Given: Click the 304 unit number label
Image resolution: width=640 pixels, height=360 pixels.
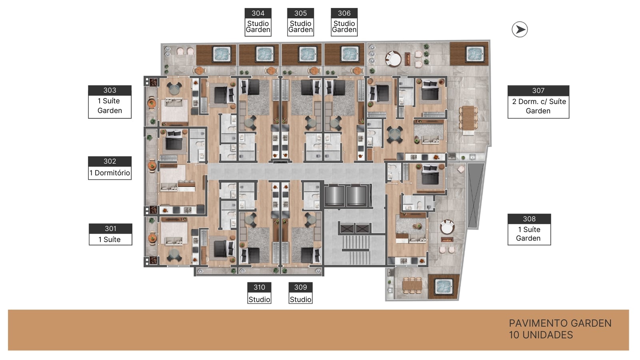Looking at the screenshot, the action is (258, 13).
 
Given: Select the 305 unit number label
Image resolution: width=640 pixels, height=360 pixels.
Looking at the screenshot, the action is (300, 13).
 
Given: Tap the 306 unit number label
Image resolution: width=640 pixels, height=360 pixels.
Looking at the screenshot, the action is (344, 13).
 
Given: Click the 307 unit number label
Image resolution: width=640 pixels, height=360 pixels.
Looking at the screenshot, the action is (538, 90).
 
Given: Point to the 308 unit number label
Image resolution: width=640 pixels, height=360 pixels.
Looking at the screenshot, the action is (529, 219).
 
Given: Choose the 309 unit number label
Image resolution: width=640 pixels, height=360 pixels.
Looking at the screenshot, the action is (300, 287).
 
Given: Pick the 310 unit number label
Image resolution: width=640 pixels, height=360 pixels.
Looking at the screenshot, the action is (259, 287).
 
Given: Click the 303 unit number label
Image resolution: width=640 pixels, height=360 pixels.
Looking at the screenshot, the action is (110, 90).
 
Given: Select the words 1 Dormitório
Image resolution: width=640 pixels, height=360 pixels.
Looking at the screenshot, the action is (110, 173).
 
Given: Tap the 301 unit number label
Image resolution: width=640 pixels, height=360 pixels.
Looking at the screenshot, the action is (110, 228).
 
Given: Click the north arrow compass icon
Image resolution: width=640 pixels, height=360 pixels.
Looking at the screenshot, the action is (520, 30).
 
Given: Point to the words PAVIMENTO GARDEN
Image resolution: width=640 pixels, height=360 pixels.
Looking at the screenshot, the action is (560, 323).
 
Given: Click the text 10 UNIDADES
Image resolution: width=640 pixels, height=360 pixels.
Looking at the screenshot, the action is (540, 335).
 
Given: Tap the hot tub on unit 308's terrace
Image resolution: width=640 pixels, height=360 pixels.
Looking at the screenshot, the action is (444, 286).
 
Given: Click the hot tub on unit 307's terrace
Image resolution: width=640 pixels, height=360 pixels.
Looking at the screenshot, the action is (475, 54).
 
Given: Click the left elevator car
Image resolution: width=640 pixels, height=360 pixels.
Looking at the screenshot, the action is (334, 196).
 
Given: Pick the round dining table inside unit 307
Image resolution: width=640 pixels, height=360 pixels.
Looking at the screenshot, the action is (394, 134).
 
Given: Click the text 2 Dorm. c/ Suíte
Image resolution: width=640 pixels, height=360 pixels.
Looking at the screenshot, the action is (539, 102).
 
